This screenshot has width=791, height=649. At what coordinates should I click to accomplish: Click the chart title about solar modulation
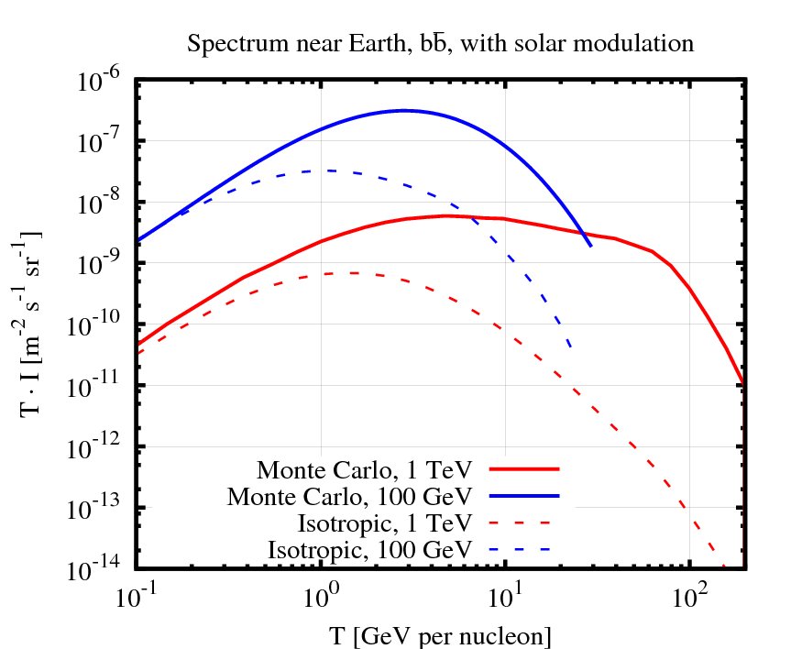(x=440, y=43)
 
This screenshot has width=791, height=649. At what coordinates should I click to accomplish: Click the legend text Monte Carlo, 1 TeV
(x=364, y=470)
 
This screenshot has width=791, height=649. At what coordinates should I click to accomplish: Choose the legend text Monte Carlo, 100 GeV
(x=349, y=497)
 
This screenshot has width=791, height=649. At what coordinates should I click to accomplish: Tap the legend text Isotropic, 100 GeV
(x=369, y=550)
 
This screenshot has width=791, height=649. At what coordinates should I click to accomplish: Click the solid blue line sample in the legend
(x=524, y=495)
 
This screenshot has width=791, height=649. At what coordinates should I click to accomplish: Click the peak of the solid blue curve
(x=403, y=111)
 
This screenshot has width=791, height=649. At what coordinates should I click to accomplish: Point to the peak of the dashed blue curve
(x=328, y=170)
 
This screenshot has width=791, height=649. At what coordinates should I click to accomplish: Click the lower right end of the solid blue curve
(x=590, y=246)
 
